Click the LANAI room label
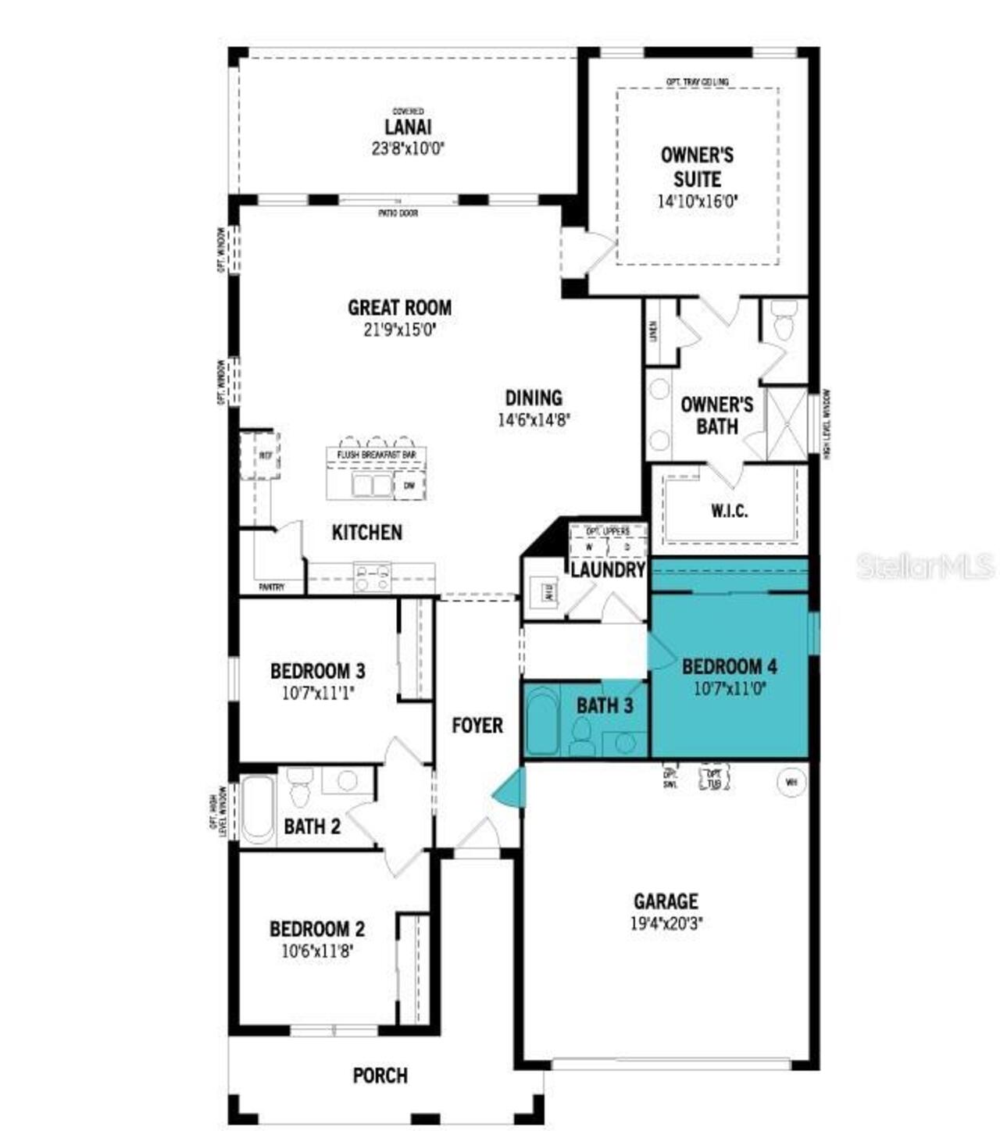[x=408, y=127]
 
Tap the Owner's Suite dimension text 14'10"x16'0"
[x=697, y=201]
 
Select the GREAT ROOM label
[x=399, y=308]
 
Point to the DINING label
[x=534, y=398]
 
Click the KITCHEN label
[x=367, y=533]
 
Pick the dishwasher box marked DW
[x=409, y=486]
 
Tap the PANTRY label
[x=272, y=587]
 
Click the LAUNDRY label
[x=608, y=569]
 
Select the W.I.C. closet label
[x=729, y=511]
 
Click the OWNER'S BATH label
[x=716, y=415]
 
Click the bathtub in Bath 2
[x=258, y=810]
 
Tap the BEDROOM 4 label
[x=729, y=666]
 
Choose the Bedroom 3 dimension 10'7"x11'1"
[x=317, y=691]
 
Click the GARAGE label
[x=666, y=901]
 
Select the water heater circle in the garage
[x=789, y=780]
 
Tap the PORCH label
[x=380, y=1076]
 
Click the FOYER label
[x=477, y=726]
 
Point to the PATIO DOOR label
[x=399, y=212]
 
